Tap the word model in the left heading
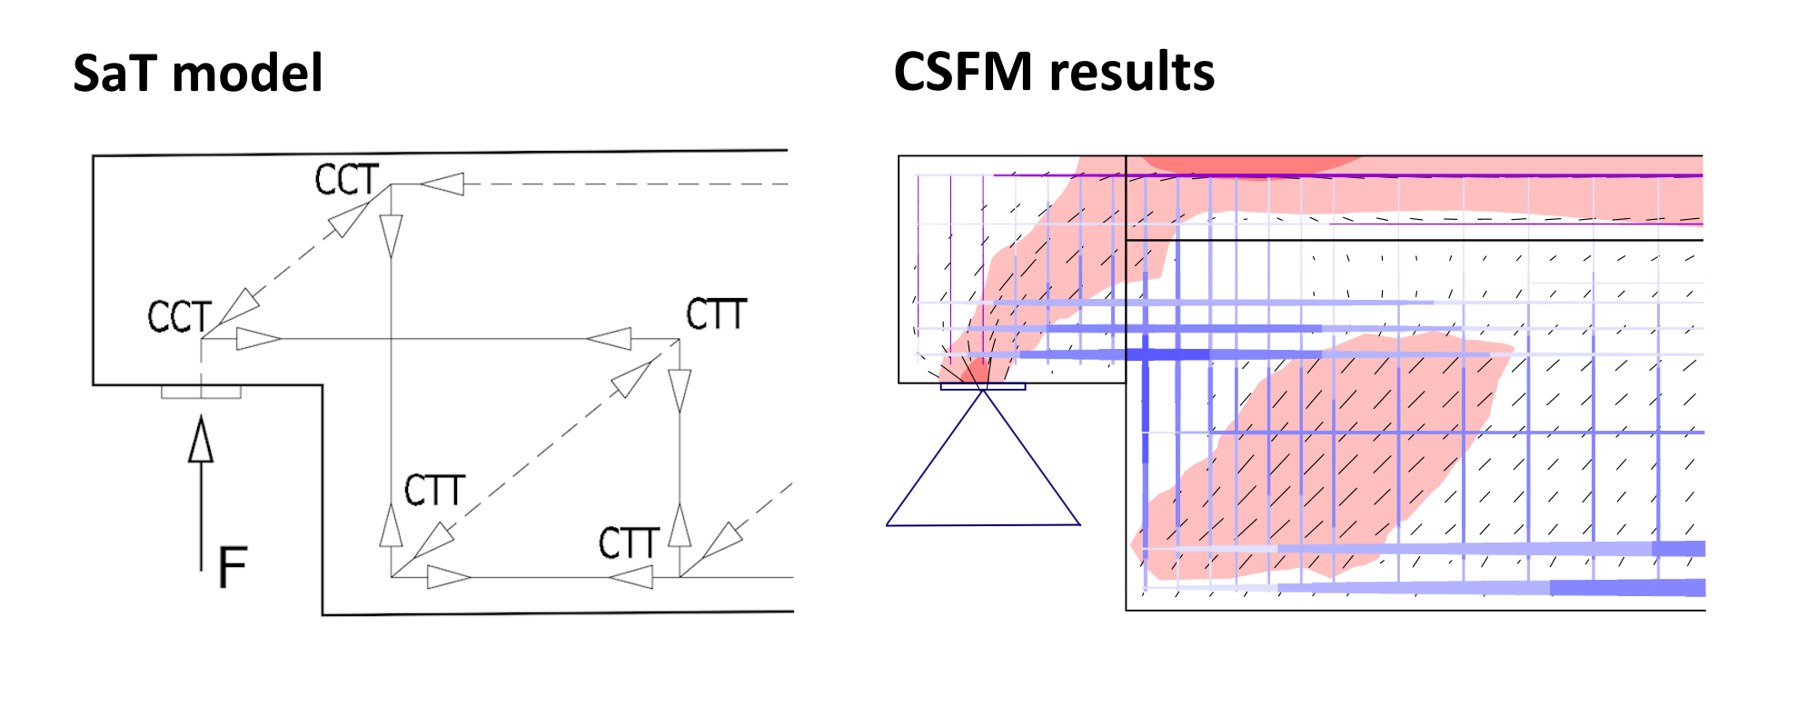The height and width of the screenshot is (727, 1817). coord(247,73)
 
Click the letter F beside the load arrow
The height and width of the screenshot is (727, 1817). coord(233,567)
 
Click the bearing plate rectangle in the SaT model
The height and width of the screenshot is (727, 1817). coord(201,392)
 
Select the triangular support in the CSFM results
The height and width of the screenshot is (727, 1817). coord(983,473)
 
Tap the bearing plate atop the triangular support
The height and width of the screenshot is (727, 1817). coord(983,387)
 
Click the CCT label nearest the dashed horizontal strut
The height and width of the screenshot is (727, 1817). coord(346,180)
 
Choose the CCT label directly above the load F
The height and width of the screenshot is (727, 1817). coord(179,317)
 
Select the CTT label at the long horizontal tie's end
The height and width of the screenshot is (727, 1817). coord(716,314)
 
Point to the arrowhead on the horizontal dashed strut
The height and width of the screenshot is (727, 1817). coord(442,184)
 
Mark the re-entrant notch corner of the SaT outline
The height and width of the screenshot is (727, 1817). coord(323,385)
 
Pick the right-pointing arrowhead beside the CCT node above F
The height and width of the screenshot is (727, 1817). coord(258,339)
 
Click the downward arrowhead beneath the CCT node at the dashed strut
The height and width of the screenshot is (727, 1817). coord(392,235)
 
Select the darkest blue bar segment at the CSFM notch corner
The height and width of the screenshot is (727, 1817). coord(1147,354)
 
